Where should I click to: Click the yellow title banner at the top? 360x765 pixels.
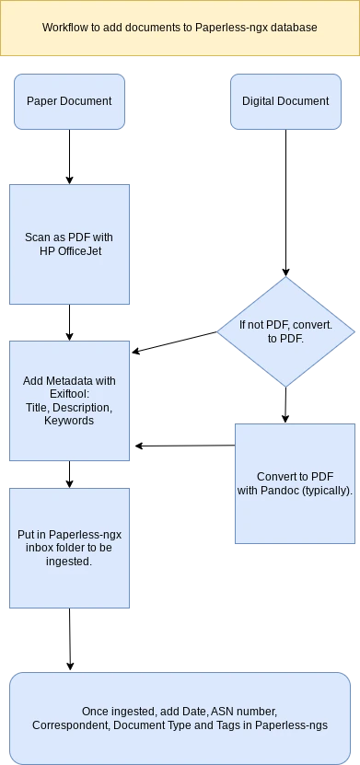(x=180, y=28)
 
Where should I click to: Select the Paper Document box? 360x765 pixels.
(x=69, y=101)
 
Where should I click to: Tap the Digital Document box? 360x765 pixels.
(x=285, y=101)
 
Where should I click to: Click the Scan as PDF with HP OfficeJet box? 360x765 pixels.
(x=69, y=244)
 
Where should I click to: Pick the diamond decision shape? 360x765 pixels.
(x=285, y=330)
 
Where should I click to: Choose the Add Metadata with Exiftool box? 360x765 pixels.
(x=69, y=400)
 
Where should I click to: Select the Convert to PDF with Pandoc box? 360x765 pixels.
(x=295, y=483)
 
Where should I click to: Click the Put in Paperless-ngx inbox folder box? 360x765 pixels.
(x=69, y=548)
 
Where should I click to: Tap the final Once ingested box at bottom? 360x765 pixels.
(x=180, y=718)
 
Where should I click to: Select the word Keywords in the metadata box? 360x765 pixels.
(x=69, y=421)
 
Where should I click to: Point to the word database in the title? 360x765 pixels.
(x=294, y=29)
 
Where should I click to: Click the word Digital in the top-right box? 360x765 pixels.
(x=261, y=101)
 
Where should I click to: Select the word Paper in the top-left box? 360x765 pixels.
(x=42, y=101)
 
